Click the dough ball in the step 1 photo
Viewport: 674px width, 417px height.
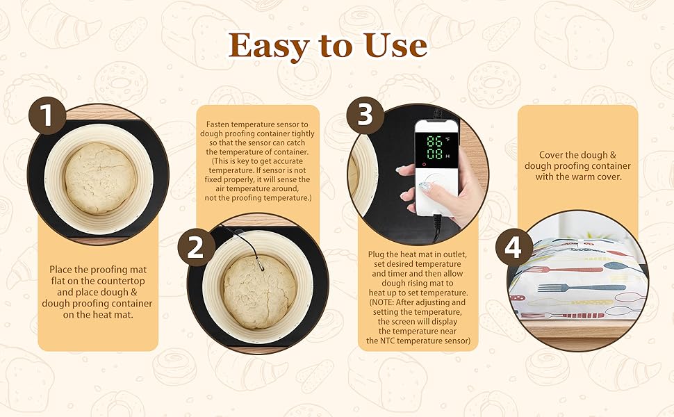point(100,179)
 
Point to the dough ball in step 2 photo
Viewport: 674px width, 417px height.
point(260,291)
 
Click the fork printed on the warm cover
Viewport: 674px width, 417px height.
point(564,286)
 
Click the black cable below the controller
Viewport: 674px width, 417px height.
point(436,226)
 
